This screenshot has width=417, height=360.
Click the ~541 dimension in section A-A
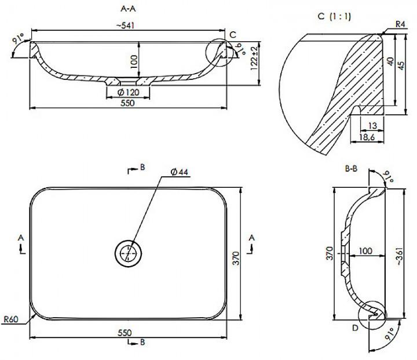click(125, 26)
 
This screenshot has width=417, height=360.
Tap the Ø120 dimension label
click(128, 92)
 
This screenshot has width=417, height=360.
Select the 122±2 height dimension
click(254, 58)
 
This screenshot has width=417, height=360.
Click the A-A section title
click(128, 9)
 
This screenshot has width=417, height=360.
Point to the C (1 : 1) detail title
click(334, 16)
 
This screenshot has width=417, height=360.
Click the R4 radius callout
click(400, 24)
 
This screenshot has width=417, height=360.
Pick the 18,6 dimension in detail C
click(367, 137)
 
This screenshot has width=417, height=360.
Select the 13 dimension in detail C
click(373, 125)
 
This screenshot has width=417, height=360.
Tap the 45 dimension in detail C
click(401, 66)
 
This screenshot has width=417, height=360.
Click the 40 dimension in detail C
click(390, 62)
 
